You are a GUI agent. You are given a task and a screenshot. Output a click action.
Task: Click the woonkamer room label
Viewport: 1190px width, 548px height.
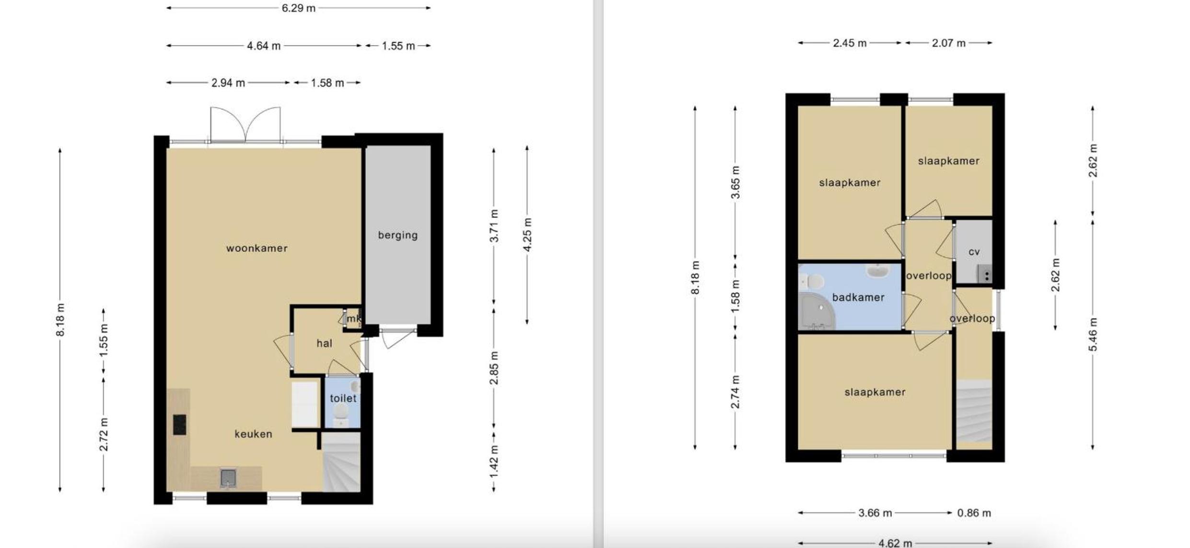click(x=257, y=248)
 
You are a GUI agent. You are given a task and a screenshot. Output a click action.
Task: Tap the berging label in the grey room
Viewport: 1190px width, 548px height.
click(x=397, y=235)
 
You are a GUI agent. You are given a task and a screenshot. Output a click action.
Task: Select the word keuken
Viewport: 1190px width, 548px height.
click(x=253, y=434)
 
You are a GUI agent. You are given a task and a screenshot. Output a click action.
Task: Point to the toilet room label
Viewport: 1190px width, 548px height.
click(x=343, y=398)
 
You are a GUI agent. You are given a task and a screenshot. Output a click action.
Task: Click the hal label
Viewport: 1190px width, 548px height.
click(x=324, y=343)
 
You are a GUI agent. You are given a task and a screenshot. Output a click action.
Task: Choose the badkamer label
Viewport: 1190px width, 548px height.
click(x=858, y=298)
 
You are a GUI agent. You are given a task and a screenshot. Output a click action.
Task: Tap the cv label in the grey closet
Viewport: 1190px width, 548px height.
click(x=974, y=252)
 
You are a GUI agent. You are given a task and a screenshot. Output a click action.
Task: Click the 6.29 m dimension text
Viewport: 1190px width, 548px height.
click(x=298, y=8)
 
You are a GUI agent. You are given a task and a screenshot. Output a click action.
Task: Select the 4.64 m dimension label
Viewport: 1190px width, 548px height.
click(x=264, y=46)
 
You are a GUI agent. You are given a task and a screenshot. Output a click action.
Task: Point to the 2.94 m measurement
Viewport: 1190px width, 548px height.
click(x=228, y=83)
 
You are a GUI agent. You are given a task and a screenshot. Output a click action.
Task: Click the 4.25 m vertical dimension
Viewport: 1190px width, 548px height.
click(x=527, y=235)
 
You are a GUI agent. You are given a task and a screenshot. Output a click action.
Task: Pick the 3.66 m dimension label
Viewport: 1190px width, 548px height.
click(x=875, y=513)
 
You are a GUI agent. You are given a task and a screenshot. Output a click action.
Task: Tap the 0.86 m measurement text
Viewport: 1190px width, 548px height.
click(x=974, y=513)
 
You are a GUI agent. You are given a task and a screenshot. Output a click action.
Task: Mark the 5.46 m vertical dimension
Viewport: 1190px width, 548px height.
click(x=1093, y=334)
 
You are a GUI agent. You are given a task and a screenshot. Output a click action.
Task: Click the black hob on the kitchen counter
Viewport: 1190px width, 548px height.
click(x=180, y=425)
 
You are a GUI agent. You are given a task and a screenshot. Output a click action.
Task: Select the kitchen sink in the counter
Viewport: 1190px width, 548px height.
click(x=228, y=478)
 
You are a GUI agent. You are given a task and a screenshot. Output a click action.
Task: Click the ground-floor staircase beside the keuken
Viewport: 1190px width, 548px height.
click(x=341, y=462)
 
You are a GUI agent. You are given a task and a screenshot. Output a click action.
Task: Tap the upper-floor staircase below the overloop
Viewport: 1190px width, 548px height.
click(x=974, y=411)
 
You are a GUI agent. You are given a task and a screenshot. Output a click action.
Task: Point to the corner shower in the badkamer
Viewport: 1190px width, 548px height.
click(x=817, y=312)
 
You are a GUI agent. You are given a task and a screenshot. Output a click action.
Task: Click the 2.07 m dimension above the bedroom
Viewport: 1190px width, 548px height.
click(x=948, y=43)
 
